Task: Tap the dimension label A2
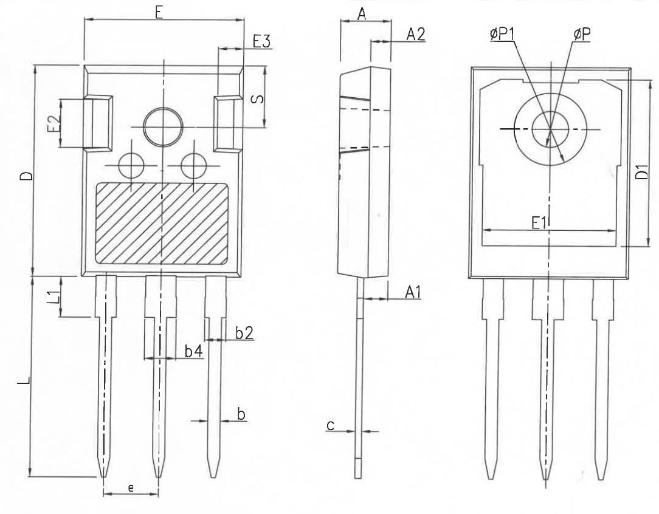[416, 35]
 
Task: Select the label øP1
[502, 35]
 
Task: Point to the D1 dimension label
[642, 173]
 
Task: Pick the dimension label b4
[194, 351]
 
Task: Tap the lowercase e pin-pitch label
[131, 488]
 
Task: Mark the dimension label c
[331, 425]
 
